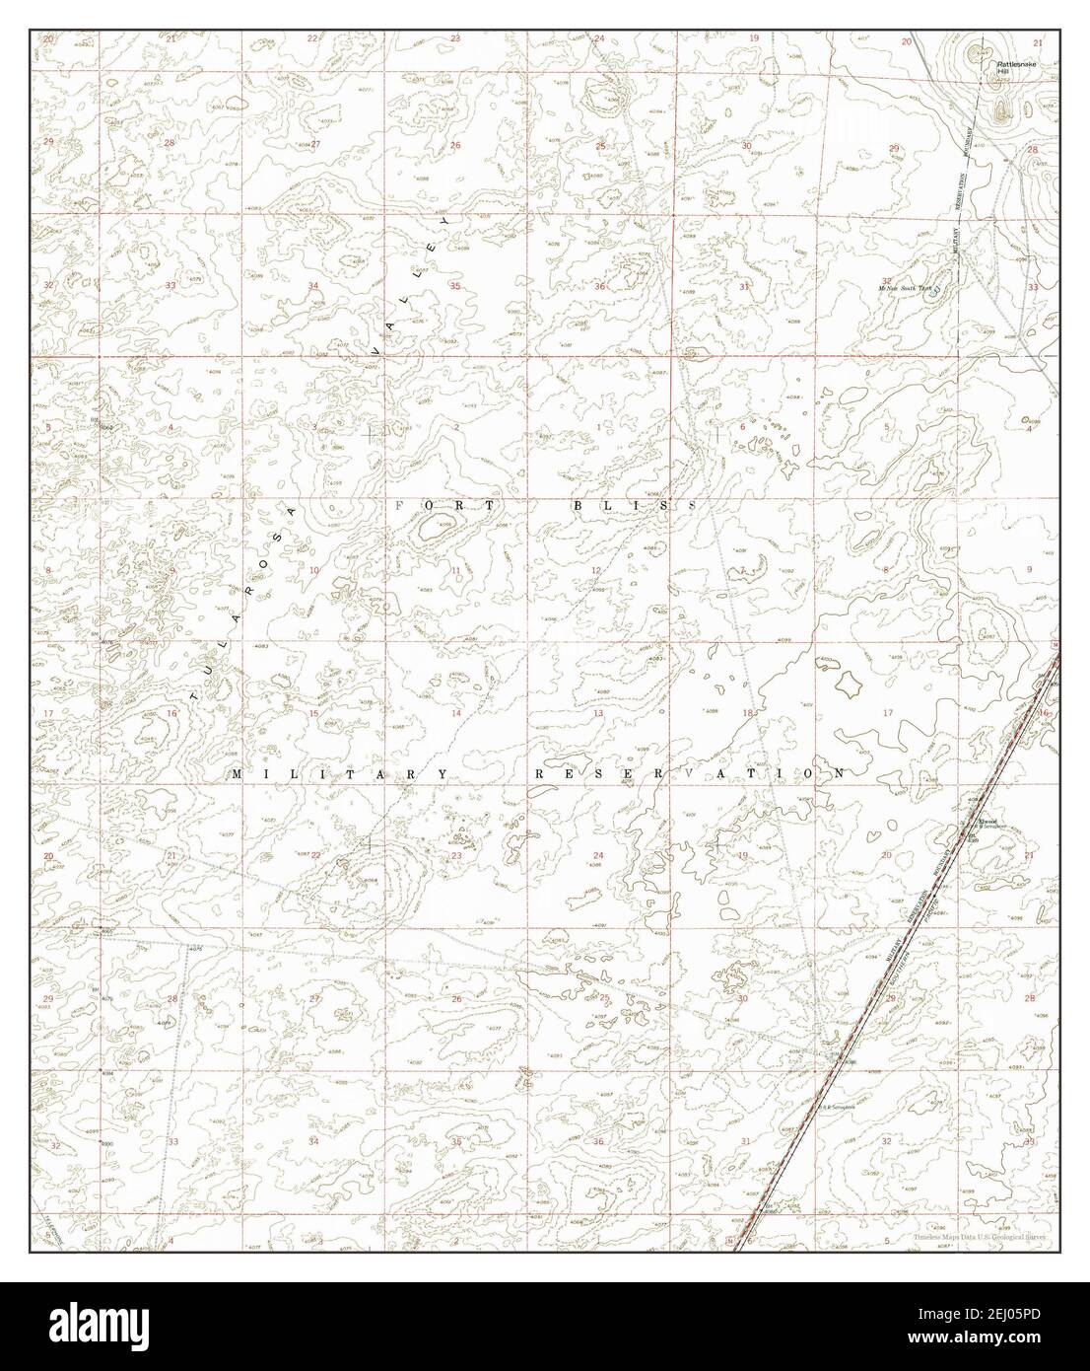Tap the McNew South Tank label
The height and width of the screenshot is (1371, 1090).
[905, 287]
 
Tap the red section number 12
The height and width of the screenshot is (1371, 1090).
[595, 571]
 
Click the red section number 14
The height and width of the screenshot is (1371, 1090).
[455, 713]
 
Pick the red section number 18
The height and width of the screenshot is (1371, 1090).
[747, 713]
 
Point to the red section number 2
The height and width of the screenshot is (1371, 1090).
[455, 427]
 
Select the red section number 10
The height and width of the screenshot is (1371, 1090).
[314, 571]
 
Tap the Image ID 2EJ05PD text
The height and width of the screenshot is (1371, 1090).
[1008, 1320]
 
